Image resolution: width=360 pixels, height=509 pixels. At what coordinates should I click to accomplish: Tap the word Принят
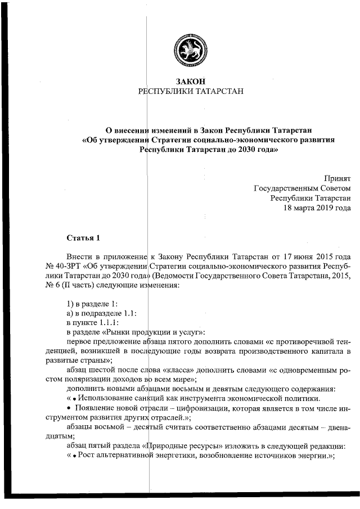click(x=337, y=178)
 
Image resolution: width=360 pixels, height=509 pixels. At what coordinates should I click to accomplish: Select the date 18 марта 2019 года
click(x=317, y=208)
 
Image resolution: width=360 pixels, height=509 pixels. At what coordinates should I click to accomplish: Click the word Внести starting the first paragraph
click(x=79, y=256)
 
